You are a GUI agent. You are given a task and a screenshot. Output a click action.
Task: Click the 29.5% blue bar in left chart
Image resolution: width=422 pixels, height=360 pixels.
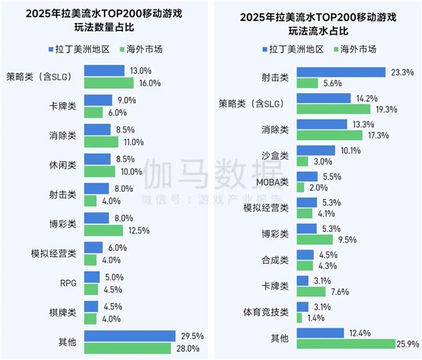click(x=130, y=335)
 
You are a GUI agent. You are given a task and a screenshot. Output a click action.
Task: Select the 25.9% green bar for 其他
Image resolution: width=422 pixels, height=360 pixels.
click(x=345, y=343)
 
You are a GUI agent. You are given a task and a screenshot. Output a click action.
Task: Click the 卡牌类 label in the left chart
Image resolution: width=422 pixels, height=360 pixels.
click(x=63, y=106)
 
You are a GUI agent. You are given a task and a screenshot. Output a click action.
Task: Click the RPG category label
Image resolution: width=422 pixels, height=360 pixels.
click(x=68, y=282)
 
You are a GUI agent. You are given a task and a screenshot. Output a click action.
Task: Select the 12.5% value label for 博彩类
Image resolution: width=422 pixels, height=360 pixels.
click(x=137, y=230)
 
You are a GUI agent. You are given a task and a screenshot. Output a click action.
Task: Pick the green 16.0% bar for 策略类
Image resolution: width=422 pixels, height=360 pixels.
click(x=109, y=83)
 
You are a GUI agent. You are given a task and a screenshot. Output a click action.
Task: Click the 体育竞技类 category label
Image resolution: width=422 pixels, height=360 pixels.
click(x=266, y=312)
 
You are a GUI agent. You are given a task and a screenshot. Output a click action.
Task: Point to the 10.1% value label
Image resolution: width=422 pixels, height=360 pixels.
click(x=349, y=150)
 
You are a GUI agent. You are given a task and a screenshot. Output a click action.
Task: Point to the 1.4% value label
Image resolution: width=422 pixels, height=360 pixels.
click(x=316, y=318)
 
